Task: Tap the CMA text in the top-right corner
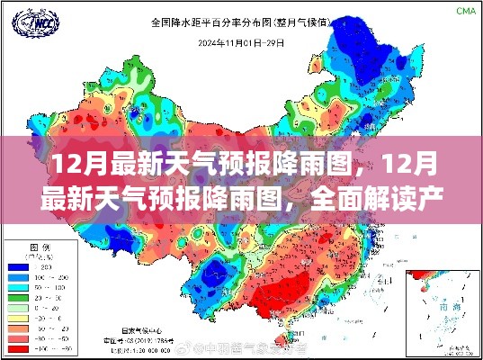coord(465,11)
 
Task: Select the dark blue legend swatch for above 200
coord(18,266)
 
